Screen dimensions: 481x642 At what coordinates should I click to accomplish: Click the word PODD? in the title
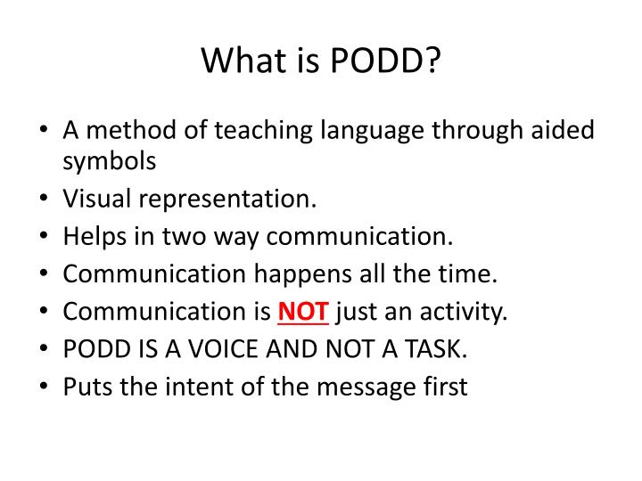tap(388, 61)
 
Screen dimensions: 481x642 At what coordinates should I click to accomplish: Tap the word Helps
tap(93, 236)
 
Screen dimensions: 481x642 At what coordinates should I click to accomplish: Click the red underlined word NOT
tap(304, 312)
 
